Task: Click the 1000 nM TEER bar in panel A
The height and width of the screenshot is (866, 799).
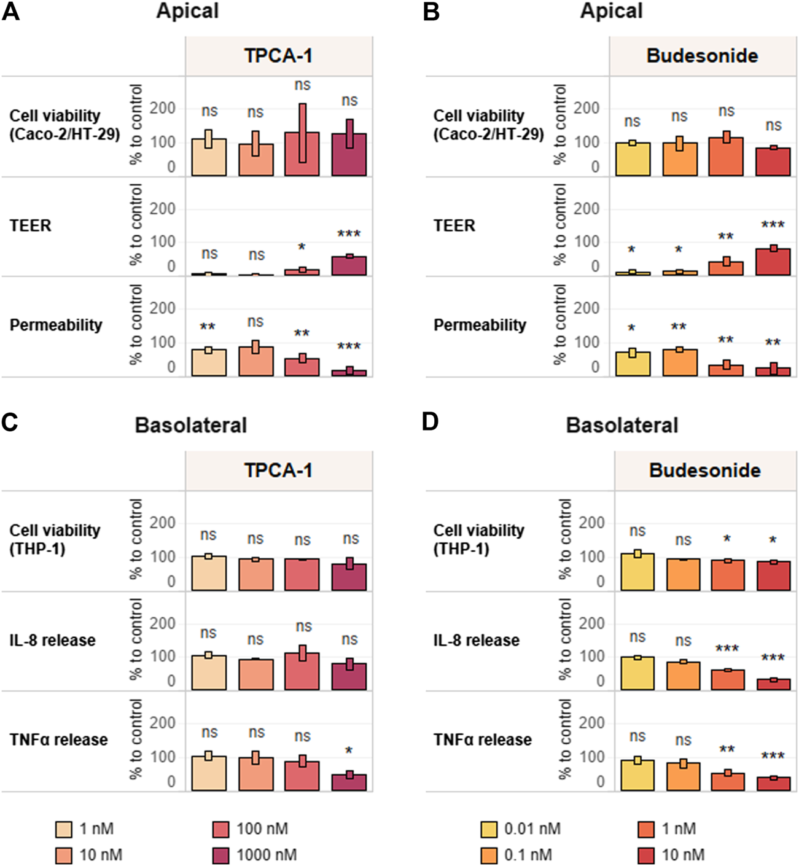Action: pos(349,266)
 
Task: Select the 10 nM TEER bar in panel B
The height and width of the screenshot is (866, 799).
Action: pos(773,262)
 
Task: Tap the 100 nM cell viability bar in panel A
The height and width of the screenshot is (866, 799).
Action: pos(302,154)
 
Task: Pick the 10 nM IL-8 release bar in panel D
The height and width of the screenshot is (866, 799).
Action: pos(773,684)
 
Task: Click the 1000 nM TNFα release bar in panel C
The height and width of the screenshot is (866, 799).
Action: pos(349,782)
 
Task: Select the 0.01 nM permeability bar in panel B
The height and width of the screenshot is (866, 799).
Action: pos(633,364)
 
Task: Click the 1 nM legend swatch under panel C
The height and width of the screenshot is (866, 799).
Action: pos(64,829)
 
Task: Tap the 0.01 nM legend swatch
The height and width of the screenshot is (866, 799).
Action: pos(489,829)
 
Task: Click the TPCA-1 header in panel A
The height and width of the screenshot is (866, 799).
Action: pos(279,56)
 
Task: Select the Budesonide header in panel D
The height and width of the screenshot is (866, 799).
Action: pos(705,470)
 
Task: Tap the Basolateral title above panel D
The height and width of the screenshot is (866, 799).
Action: pos(622,425)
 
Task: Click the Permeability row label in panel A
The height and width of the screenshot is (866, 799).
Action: pos(56,325)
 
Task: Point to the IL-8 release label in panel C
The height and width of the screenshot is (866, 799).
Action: pos(52,640)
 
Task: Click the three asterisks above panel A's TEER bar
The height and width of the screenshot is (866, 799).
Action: pos(349,234)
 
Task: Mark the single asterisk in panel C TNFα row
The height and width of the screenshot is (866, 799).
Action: pos(349,751)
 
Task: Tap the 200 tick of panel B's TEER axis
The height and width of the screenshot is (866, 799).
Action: pos(587,209)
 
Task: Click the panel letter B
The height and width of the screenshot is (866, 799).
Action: pos(431,12)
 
